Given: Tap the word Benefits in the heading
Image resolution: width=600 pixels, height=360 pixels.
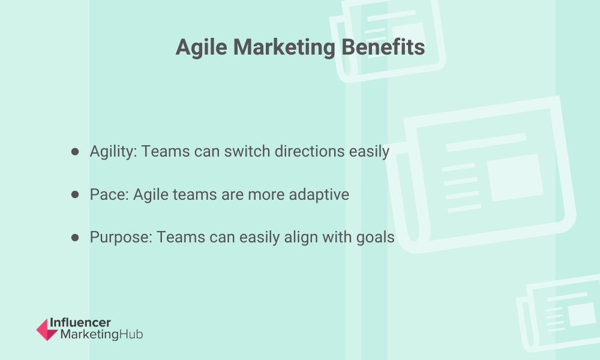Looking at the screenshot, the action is coord(383,47).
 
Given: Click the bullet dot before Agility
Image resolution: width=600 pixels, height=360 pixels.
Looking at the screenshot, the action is coord(75,151).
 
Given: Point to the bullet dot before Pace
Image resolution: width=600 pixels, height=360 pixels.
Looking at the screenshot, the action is coord(75,194).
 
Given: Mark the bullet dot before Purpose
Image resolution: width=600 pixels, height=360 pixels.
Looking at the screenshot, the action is coord(75,238).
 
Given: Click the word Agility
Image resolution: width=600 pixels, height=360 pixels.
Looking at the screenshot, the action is coord(113,151).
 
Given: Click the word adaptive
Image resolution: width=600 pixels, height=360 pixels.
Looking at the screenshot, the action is coord(319,195).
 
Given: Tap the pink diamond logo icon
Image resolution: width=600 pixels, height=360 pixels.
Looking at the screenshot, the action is coord(47,329).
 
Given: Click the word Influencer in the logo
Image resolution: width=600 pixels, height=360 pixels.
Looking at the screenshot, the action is coord(80,323).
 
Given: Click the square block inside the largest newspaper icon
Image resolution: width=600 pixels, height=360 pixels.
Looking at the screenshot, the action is coord(515,178).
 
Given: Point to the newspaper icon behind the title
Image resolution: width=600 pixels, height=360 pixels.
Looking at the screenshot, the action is coord(388,40).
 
